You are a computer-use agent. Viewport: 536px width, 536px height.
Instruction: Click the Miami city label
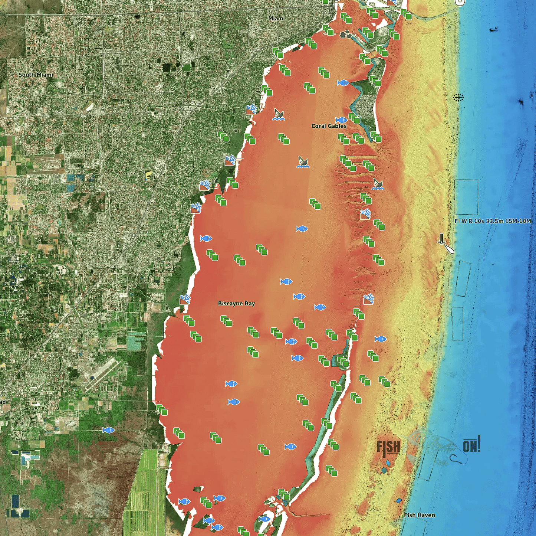click(276, 18)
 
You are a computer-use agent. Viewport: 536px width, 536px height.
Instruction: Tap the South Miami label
click(36, 75)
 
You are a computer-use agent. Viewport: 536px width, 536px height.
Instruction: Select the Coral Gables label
click(329, 126)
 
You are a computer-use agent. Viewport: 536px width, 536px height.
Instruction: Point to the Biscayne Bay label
click(236, 304)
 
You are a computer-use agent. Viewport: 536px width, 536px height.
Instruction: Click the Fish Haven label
click(420, 515)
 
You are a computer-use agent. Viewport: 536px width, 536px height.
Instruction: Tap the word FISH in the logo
click(388, 448)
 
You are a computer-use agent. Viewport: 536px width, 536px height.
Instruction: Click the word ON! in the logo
click(471, 445)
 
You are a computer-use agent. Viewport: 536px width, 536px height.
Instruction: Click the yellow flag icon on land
click(148, 176)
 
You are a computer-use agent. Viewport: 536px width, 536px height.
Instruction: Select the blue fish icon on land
click(108, 430)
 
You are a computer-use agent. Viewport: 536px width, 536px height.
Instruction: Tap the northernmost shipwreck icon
click(279, 114)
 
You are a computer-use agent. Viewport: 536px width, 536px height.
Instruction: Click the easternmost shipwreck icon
click(378, 184)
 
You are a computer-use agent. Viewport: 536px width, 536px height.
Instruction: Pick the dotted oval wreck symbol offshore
click(458, 98)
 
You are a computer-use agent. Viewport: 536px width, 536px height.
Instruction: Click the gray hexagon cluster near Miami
click(346, 35)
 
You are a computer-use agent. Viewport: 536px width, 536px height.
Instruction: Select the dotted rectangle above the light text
click(466, 197)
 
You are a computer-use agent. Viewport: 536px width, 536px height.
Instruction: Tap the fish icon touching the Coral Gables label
click(341, 120)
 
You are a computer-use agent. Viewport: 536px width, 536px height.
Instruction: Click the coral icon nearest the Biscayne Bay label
click(185, 299)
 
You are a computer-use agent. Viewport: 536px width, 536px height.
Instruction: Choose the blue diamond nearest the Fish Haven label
click(399, 501)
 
